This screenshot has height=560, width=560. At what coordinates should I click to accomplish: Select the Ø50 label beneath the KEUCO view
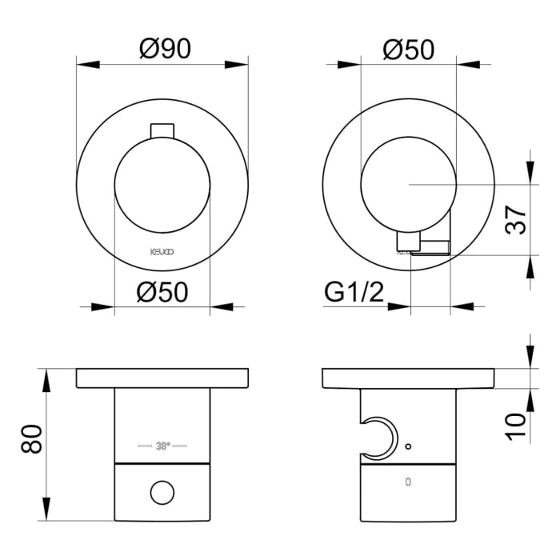pos(162,293)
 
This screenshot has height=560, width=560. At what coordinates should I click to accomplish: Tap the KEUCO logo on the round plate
pos(162,251)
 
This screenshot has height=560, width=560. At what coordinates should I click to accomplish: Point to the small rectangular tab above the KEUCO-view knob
pos(162,131)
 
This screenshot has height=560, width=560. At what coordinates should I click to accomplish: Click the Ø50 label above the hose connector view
pos(408,50)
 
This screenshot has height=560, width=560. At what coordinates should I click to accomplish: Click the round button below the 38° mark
pos(162,491)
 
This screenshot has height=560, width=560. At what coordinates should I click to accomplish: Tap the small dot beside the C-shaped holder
pos(408,446)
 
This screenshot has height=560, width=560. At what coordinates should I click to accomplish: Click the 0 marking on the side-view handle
pos(409,482)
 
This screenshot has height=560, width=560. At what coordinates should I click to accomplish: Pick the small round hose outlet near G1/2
pos(409,239)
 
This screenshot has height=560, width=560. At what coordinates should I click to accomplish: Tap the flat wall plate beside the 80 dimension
pos(162,378)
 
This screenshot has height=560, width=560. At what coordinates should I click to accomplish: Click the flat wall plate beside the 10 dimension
pos(409,378)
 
